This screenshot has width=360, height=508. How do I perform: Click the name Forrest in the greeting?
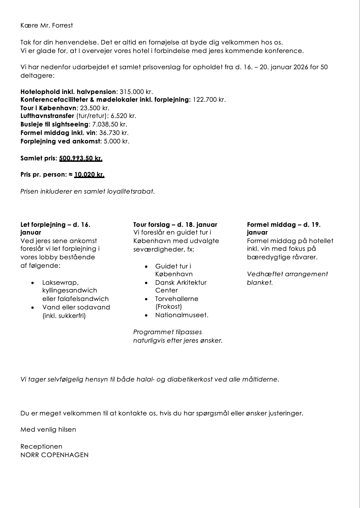[62, 25]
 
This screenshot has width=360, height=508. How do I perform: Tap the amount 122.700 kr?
[209, 100]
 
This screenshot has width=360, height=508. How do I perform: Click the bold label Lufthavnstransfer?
[47, 116]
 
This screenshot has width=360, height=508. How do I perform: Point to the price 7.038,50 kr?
[109, 124]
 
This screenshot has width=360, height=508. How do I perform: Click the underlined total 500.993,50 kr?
[80, 158]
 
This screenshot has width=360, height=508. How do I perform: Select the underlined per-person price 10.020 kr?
[89, 175]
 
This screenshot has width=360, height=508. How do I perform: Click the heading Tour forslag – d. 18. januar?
[175, 225]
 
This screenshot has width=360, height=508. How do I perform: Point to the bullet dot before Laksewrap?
[33, 283]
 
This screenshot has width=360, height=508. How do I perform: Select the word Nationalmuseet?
[181, 315]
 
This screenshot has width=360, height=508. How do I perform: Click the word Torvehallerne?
[176, 299]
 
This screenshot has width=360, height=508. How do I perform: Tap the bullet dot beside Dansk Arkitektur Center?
[146, 283]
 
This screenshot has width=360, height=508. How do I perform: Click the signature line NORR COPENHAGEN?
[54, 455]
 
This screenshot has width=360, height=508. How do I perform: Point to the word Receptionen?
[41, 447]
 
